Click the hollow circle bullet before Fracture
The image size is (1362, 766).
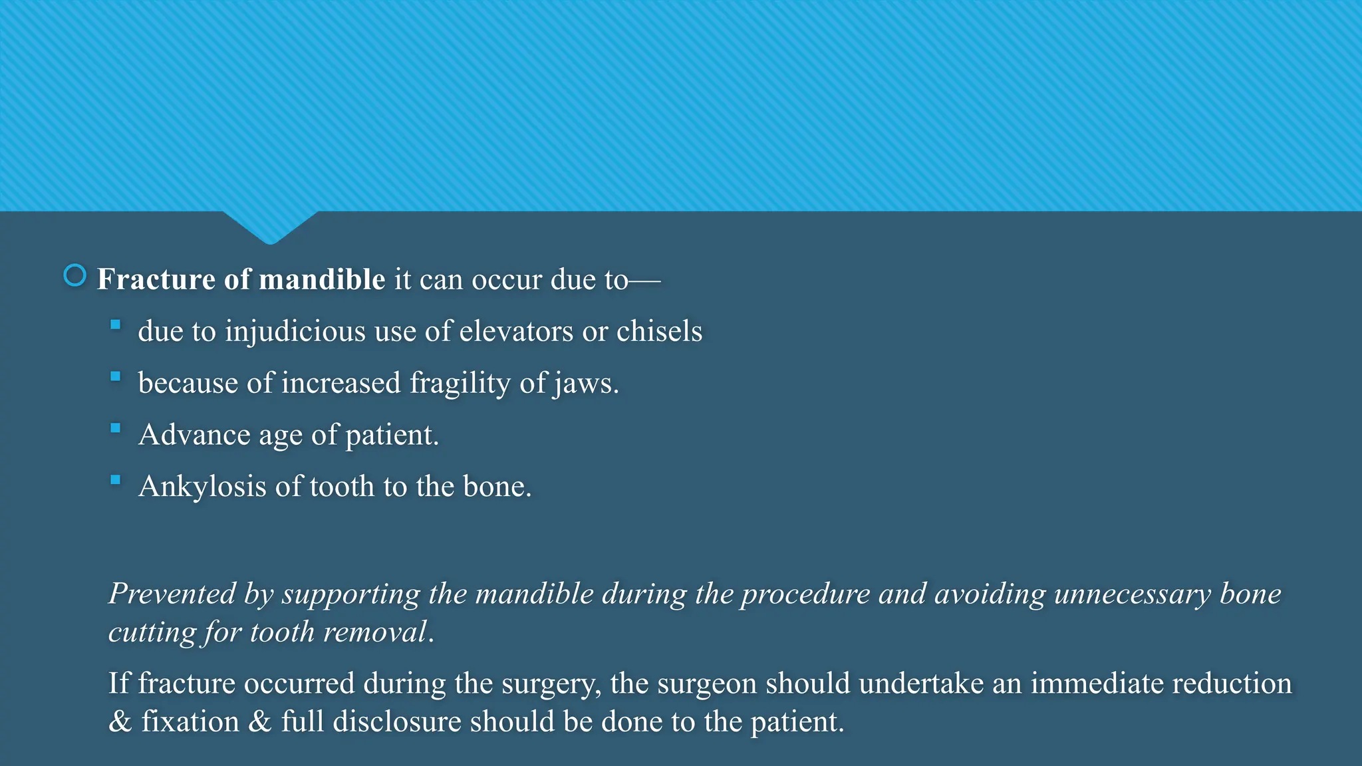point(74,275)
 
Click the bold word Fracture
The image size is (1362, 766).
point(156,279)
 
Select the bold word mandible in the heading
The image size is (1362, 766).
point(322,279)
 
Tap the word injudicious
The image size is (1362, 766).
point(295,331)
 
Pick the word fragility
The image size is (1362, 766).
point(460,384)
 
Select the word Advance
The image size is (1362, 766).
point(194,435)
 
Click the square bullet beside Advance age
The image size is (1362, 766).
point(116,428)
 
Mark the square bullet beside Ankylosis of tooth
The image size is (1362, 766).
point(116,480)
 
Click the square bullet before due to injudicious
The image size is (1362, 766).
point(116,324)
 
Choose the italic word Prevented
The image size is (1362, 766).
point(172,594)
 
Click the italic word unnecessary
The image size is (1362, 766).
point(1133,594)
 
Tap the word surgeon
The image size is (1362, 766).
point(707,684)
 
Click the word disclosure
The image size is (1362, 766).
point(397,721)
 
